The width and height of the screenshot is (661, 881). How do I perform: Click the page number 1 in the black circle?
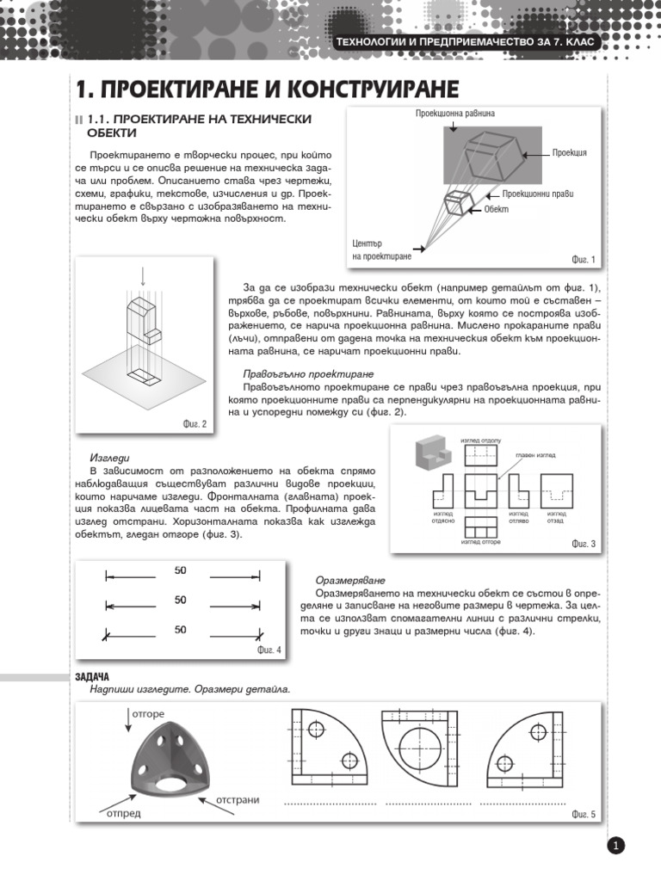(616, 847)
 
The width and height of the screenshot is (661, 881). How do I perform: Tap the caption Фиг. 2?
(195, 423)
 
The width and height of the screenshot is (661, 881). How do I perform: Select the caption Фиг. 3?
(583, 544)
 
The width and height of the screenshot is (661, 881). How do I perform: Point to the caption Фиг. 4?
(269, 650)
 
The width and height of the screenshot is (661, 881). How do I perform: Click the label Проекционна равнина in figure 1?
(455, 114)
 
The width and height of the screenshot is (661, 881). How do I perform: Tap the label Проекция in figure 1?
(570, 152)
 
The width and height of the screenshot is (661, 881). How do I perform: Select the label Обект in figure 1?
(497, 210)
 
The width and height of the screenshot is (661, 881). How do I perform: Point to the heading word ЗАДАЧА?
(92, 677)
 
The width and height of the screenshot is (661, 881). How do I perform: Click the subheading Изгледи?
(109, 458)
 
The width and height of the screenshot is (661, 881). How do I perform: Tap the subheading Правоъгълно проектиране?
(307, 374)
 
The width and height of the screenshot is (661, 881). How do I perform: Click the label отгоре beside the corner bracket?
(148, 713)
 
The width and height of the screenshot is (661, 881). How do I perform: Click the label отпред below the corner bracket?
(124, 813)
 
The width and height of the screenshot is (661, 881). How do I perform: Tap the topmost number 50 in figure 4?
(181, 570)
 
